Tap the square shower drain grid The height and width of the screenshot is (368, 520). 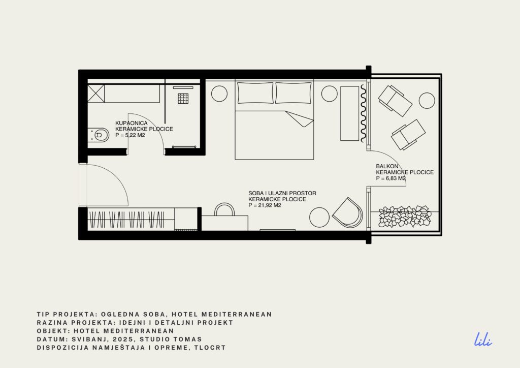pos(183,99)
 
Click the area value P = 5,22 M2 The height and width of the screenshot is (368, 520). pos(130,135)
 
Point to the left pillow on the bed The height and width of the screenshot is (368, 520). pos(255,93)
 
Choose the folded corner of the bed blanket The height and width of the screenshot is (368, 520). pos(300,119)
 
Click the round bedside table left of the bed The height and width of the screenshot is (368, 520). pos(219,94)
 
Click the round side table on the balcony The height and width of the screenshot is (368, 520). pos(427,101)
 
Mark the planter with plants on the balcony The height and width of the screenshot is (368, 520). pos(405,217)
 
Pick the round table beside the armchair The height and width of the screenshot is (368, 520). pos(319,218)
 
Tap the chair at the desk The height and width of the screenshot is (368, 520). pos(224,209)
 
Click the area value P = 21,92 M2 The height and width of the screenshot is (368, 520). pos(265,205)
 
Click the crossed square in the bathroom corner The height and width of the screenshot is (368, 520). pos(96,94)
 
